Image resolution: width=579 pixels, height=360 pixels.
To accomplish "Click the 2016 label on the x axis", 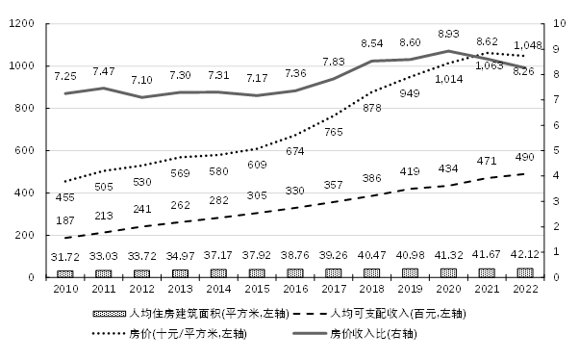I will pos(294,289).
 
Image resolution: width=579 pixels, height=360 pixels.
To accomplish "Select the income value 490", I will pos(523,159).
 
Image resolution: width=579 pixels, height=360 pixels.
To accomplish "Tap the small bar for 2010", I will pos(65,273).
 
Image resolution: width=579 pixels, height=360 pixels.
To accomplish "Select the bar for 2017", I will pos(333,272).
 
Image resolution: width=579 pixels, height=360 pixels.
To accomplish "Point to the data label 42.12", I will pos(523,255).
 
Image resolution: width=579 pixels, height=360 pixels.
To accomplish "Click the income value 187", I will pos(65,220).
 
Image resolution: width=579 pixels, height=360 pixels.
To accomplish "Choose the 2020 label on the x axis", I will pos(446,289).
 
